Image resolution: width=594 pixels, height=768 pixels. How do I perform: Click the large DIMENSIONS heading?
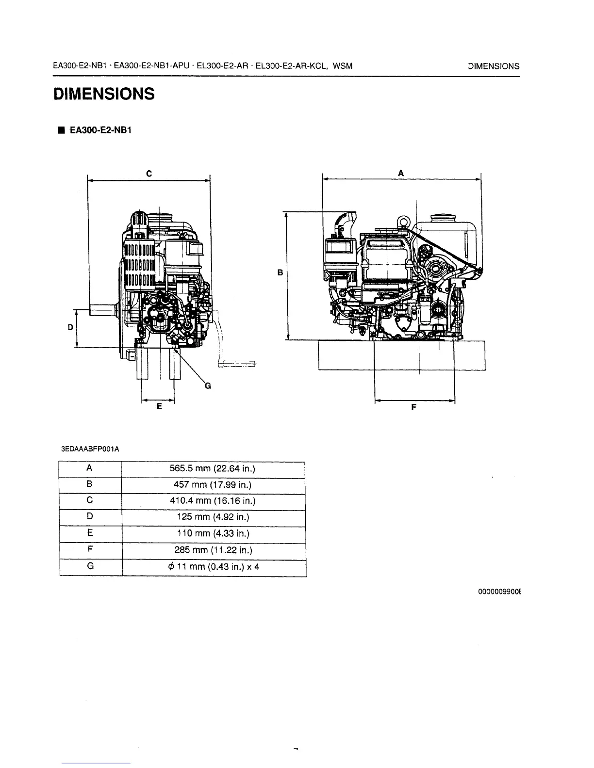point(104,94)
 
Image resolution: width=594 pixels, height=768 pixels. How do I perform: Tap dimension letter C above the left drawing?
point(149,173)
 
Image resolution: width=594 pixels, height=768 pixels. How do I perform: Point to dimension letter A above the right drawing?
point(401,173)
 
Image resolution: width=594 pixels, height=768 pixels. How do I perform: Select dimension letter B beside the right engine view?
point(280,273)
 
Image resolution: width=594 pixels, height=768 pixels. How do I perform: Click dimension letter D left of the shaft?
point(70,328)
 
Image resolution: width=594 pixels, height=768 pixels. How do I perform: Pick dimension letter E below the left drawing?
point(159,407)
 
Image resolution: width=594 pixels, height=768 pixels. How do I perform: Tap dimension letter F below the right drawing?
point(413,408)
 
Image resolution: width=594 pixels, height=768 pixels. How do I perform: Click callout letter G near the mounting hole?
point(208,386)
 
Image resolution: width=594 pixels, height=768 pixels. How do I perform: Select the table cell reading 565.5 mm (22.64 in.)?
point(213,469)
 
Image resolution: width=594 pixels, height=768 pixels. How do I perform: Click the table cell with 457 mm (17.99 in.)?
point(213,485)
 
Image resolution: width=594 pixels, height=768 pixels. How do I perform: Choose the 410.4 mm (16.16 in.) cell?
point(213,501)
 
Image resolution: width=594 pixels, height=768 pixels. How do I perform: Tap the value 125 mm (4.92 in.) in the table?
point(213,517)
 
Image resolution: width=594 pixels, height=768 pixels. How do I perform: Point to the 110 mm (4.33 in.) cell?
point(213,534)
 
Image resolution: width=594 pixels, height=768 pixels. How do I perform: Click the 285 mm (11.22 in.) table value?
point(213,550)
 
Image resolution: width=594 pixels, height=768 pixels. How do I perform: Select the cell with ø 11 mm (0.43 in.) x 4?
point(213,567)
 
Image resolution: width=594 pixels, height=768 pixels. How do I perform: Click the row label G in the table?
point(90,566)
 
